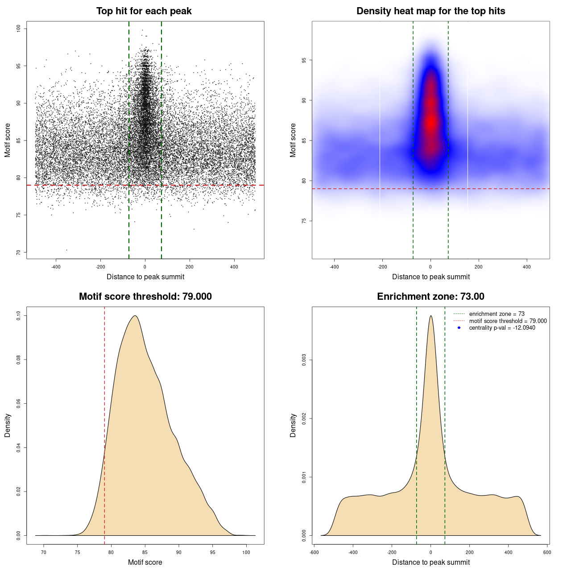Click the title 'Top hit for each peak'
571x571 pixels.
[144, 11]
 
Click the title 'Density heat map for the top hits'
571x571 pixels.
[430, 11]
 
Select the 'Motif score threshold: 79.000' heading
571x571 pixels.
[145, 297]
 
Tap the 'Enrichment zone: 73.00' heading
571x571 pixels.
[430, 297]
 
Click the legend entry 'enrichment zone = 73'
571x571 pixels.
[497, 314]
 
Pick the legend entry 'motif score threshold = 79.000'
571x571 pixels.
[508, 321]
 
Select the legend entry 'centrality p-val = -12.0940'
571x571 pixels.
[502, 328]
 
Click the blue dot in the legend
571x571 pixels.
[459, 328]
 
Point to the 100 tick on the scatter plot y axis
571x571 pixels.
[18, 29]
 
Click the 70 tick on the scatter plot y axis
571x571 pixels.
[18, 252]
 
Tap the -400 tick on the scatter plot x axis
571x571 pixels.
[56, 267]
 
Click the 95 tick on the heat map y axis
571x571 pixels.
[304, 60]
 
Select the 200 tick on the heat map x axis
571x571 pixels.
[479, 267]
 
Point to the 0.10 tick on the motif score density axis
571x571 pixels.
[18, 316]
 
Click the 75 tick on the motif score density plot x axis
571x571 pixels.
[77, 552]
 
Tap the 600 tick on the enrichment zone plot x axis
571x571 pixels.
[547, 552]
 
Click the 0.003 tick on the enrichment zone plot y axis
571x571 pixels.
[304, 360]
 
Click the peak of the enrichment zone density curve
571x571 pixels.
[430, 316]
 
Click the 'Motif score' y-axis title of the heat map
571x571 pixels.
[293, 140]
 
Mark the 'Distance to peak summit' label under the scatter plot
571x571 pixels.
[145, 277]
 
